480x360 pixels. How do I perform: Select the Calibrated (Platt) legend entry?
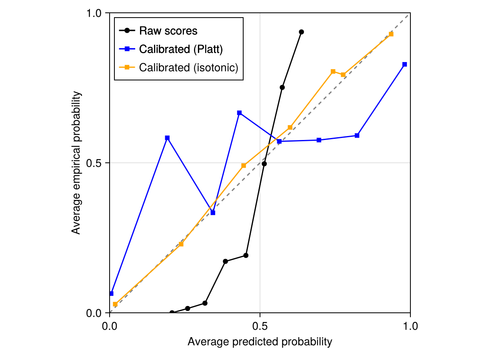coord(181,49)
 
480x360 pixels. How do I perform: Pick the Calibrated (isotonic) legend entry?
coord(188,68)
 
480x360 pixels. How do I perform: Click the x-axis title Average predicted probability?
coord(260,342)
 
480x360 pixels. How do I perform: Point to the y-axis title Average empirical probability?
coord(76,163)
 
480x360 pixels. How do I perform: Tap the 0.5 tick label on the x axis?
coord(260,326)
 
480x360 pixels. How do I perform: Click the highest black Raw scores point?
coord(301,32)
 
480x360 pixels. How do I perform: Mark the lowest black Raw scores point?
coord(172,313)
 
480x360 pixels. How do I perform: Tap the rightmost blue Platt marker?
coord(404,64)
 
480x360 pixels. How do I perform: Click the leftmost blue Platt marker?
coord(111,294)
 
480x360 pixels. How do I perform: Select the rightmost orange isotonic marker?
coord(391,34)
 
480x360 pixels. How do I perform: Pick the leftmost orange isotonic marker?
coord(115,304)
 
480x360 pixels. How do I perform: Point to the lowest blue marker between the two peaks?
coord(213,213)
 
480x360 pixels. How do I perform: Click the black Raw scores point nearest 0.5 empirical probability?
coord(264,164)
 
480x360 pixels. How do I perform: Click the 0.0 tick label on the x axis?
coord(110,326)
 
